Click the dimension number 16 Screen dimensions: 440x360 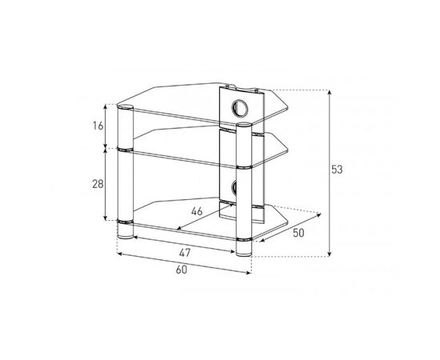click(98, 126)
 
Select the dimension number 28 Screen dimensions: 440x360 click(98, 184)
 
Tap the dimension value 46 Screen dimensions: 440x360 click(197, 211)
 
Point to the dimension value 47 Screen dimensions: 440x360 click(185, 253)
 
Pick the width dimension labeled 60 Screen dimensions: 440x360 click(182, 270)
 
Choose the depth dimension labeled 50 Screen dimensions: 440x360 click(298, 233)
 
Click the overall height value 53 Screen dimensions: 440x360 click(337, 170)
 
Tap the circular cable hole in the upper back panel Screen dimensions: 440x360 click(240, 108)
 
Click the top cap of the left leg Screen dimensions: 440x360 click(125, 107)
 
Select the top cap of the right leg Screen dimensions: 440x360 click(244, 125)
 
